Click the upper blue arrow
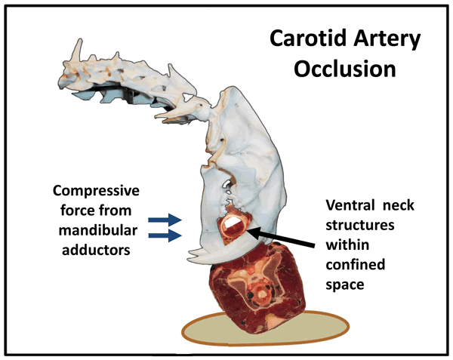(x=164, y=220)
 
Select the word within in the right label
(x=344, y=245)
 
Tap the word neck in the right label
(x=400, y=205)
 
